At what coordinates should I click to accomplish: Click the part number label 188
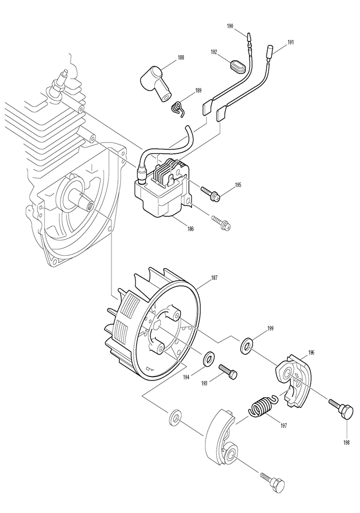(x=180, y=58)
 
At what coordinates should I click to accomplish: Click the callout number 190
(x=230, y=26)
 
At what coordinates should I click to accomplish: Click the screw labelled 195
(x=211, y=193)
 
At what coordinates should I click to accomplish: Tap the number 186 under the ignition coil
(x=190, y=229)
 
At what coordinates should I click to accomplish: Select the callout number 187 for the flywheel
(x=214, y=278)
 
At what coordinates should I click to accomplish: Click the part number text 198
(x=347, y=443)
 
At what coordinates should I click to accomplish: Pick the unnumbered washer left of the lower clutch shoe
(x=175, y=418)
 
